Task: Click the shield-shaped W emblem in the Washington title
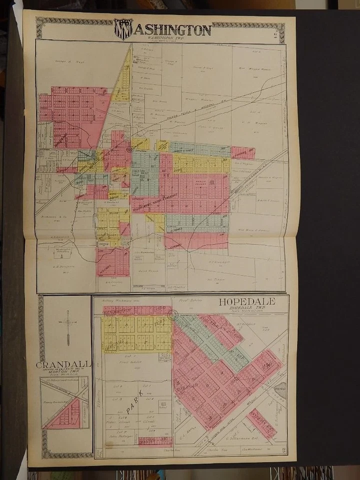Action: pos(122,29)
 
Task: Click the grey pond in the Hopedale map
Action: pos(280,392)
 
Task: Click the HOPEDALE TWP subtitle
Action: pos(246,309)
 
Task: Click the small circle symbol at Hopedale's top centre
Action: pos(173,314)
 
